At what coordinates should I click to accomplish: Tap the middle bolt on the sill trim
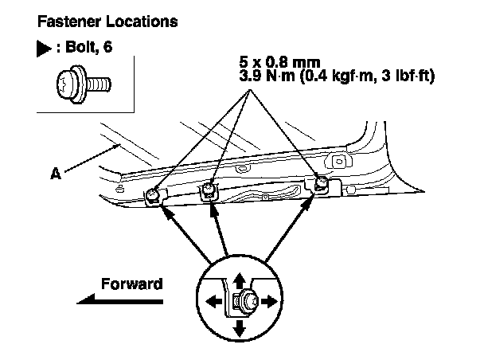click(x=209, y=189)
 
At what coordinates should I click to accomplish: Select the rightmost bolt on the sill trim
click(x=321, y=185)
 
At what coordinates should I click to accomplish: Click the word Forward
click(x=132, y=284)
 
